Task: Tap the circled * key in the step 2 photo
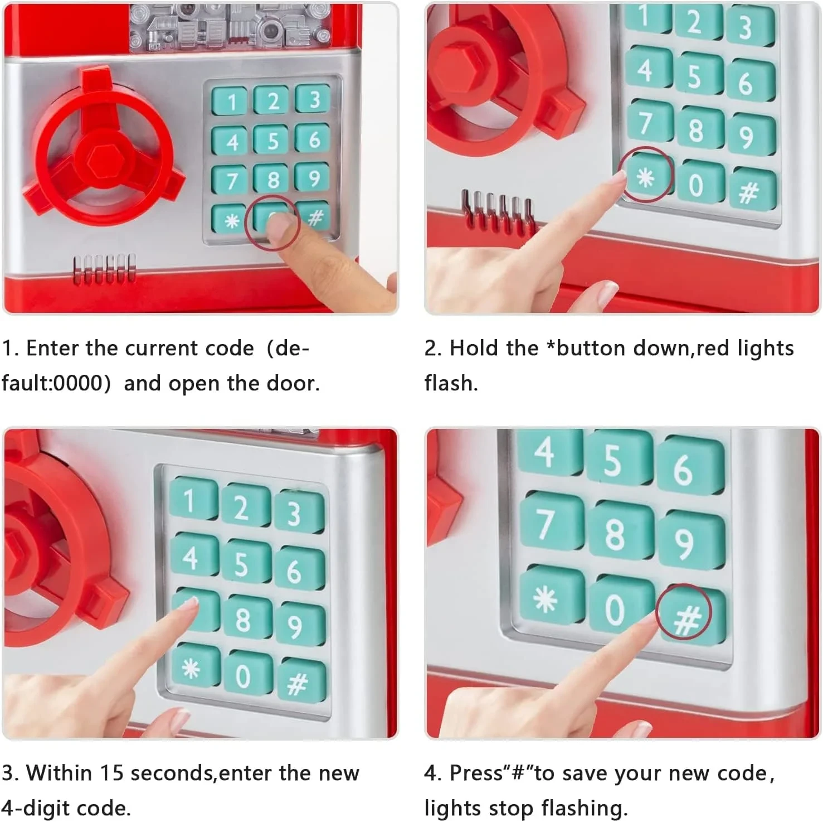pyautogui.click(x=646, y=177)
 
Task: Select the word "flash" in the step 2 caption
pyautogui.click(x=449, y=384)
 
